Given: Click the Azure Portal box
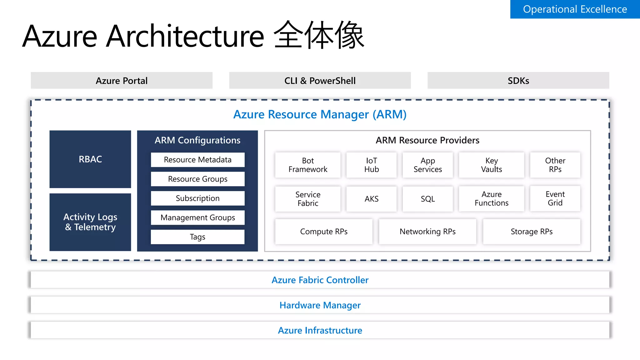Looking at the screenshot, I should (122, 81).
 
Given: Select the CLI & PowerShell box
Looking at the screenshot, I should (320, 81).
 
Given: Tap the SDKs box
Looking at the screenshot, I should (518, 81).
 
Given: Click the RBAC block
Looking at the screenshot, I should (90, 159).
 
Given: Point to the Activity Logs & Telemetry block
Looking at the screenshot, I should (90, 222).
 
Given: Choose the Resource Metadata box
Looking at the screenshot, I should (197, 160).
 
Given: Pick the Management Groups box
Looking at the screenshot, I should (197, 217).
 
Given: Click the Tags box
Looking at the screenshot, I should (197, 237).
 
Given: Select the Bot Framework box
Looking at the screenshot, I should (308, 165).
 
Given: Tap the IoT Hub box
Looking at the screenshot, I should (372, 165).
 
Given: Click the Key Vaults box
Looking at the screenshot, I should (492, 165).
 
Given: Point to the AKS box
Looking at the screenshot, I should (372, 199).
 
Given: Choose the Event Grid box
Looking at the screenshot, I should (555, 199).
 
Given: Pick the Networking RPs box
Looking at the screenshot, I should (427, 232).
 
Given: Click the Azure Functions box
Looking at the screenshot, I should (492, 199).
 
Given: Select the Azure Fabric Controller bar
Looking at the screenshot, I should (320, 280).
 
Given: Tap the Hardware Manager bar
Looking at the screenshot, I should (320, 305).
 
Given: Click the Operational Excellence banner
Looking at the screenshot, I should (575, 9).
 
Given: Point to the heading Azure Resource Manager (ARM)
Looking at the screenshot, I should (320, 114).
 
